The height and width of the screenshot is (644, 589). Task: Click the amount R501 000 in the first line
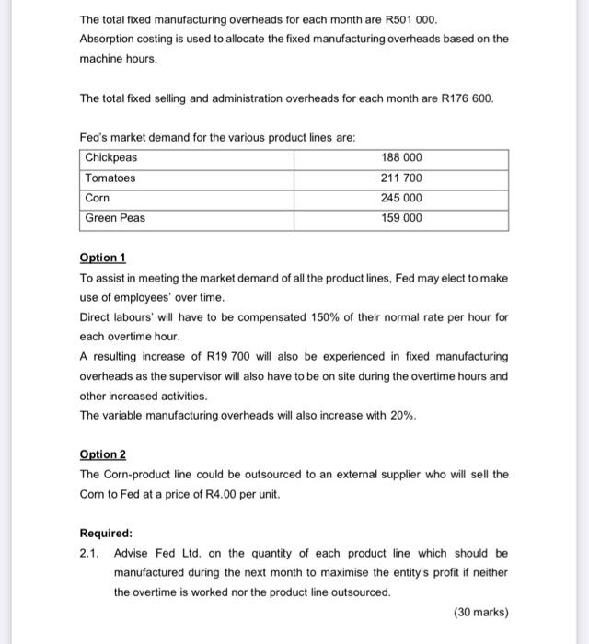tap(412, 19)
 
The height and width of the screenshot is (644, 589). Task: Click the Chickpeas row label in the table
tap(111, 157)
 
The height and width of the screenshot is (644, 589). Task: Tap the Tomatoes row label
tap(110, 178)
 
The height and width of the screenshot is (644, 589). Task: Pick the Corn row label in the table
tap(97, 198)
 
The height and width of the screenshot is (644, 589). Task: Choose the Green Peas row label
tap(115, 218)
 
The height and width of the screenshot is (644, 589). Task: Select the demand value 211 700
tap(400, 178)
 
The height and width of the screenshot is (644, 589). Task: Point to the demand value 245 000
tap(400, 198)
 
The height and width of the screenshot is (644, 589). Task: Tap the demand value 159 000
tap(400, 218)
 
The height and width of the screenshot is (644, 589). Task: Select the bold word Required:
tap(106, 533)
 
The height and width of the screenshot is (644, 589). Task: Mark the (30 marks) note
tap(480, 612)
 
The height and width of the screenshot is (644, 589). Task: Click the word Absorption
tap(109, 39)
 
